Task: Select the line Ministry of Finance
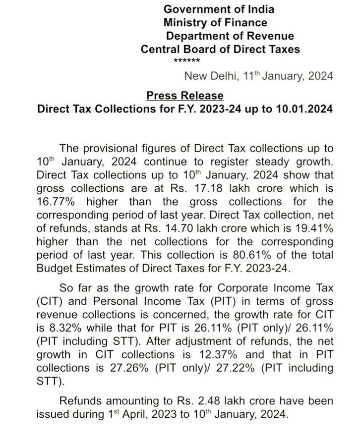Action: [x=215, y=22]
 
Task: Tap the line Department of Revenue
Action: [x=230, y=36]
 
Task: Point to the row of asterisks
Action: [x=186, y=61]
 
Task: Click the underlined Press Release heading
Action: [x=185, y=95]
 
